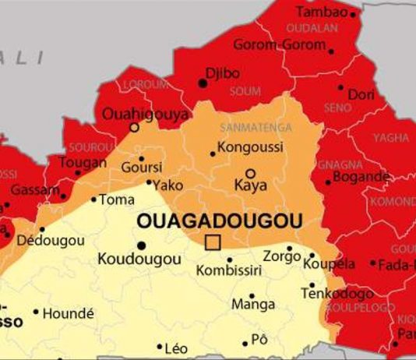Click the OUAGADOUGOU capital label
coord(219,221)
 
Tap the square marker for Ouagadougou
coord(212,243)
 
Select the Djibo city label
coord(222,73)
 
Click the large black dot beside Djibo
coord(204,83)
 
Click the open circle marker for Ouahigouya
coord(134,127)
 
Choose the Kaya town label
coord(250,186)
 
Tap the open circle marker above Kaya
coord(250,173)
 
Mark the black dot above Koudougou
coord(141,245)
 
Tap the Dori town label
coord(361,94)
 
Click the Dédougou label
coord(50,241)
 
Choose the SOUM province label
coord(245,92)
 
